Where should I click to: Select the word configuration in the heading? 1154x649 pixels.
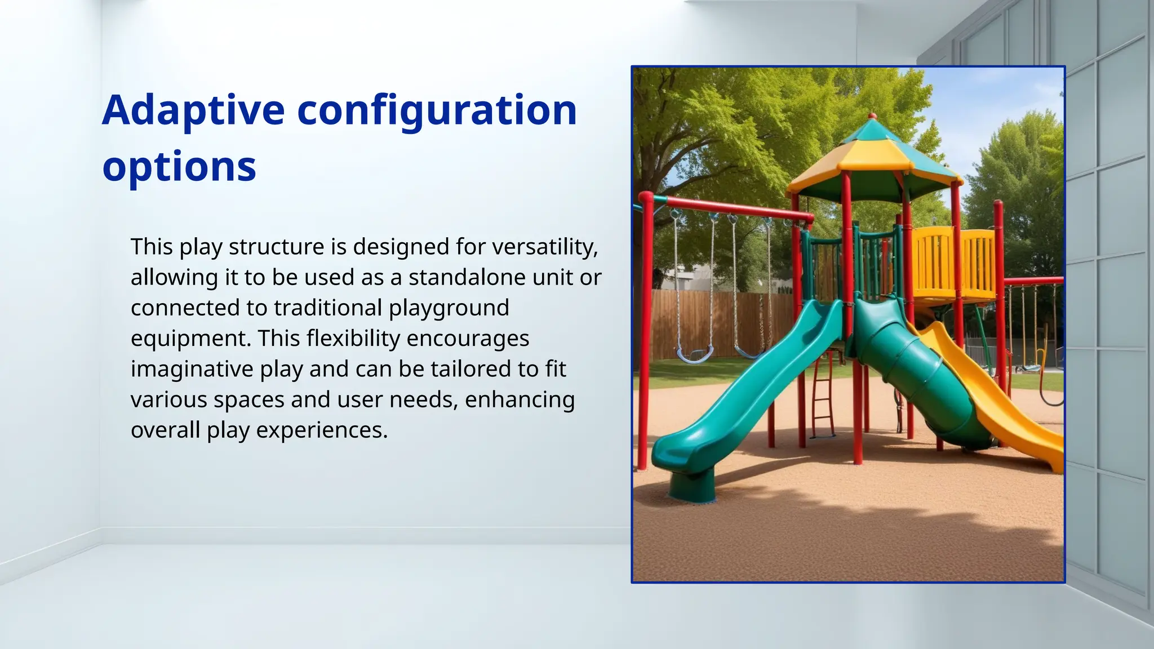click(x=437, y=111)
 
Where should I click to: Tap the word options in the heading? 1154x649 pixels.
click(x=179, y=167)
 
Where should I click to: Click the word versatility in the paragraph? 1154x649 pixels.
click(x=544, y=247)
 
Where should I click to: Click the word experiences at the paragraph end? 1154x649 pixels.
click(x=322, y=430)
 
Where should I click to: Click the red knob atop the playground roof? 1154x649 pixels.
click(x=872, y=116)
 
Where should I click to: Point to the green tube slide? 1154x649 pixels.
click(x=918, y=372)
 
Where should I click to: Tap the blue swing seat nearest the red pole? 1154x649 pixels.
click(x=694, y=356)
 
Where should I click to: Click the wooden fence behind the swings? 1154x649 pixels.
click(x=721, y=321)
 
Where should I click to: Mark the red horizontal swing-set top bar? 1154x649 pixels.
click(x=733, y=207)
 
